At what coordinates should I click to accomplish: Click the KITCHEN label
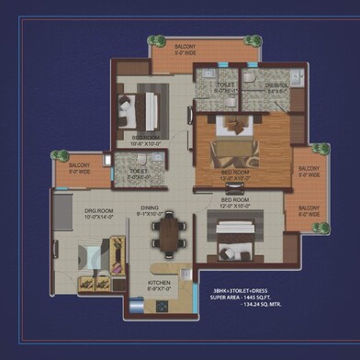tap(160, 285)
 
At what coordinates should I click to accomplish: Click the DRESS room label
tap(276, 88)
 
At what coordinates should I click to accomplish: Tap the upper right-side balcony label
tap(309, 172)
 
